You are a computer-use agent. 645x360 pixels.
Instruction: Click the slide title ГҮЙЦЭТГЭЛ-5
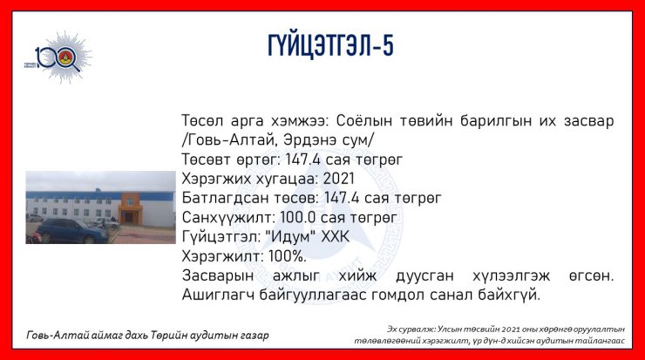(330, 45)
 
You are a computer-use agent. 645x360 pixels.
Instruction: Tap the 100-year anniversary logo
(58, 58)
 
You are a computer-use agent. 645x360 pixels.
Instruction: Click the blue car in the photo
(73, 231)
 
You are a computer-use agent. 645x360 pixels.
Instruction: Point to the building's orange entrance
(130, 209)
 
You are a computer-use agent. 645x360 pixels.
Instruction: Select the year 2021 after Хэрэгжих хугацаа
(338, 179)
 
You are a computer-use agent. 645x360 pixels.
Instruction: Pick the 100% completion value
(287, 256)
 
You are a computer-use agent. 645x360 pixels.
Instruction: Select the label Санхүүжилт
(228, 218)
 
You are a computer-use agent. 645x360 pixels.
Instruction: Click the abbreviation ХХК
(336, 237)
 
